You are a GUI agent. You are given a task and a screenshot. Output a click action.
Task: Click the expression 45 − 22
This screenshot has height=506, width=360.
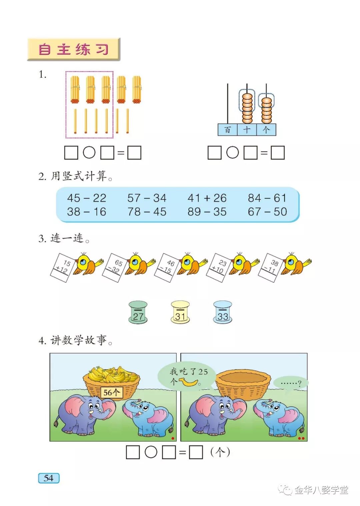click(87, 198)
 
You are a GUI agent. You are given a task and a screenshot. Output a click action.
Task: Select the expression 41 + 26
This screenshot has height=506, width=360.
click(207, 198)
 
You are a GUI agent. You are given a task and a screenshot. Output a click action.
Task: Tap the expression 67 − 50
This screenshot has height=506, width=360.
click(267, 212)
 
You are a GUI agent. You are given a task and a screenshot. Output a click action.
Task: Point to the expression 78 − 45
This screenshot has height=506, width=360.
click(147, 212)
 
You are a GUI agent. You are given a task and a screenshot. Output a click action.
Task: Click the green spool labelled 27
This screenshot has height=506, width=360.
click(138, 312)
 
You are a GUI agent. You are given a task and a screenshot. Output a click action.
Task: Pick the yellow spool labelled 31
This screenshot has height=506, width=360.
click(180, 312)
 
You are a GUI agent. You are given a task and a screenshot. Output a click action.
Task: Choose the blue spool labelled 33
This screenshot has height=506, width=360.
click(223, 312)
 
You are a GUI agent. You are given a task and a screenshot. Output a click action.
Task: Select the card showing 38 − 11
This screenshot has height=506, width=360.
click(270, 267)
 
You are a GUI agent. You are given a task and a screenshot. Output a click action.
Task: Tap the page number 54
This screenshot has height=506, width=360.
click(49, 478)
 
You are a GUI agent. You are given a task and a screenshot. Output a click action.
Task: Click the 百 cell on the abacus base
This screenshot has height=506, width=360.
click(227, 130)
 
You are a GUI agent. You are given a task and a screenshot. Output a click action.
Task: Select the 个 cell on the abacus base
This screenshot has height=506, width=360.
click(266, 130)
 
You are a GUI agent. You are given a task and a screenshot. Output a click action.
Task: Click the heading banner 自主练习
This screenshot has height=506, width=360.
click(73, 49)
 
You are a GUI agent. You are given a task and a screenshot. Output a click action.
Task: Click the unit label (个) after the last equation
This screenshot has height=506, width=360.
click(220, 452)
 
